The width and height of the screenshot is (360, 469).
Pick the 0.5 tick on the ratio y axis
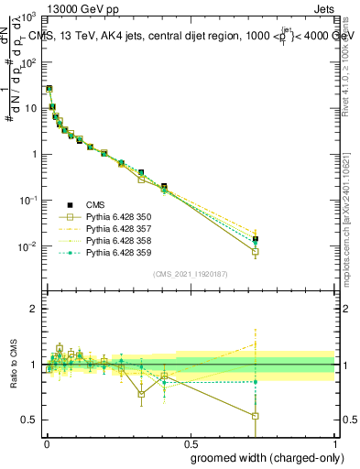coord(29,420)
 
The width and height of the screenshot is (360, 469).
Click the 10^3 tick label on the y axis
coord(27,16)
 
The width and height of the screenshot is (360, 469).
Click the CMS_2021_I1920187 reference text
coord(190,274)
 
